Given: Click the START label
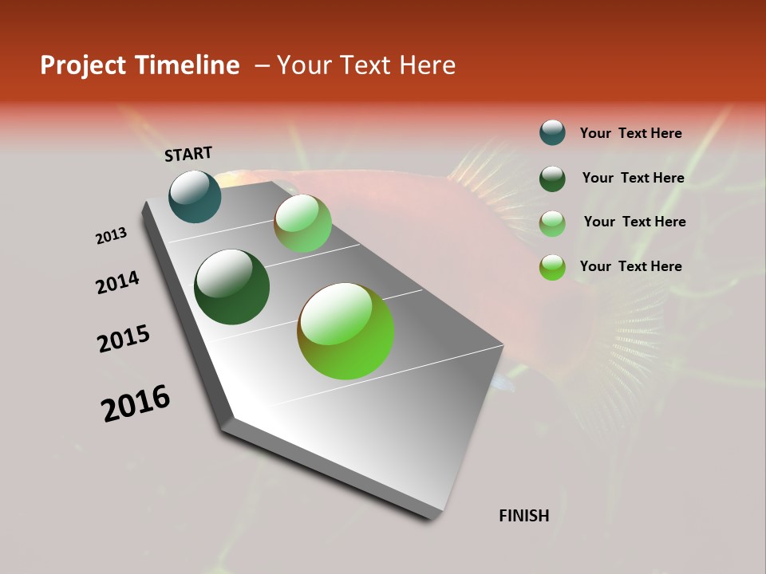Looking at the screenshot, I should [188, 154].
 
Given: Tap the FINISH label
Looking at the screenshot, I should [524, 516].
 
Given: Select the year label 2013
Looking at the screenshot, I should [112, 236].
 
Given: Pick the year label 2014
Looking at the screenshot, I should [118, 282].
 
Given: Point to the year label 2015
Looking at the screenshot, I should [124, 339].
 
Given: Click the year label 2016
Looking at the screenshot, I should [136, 403].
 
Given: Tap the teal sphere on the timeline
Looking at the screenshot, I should [195, 196].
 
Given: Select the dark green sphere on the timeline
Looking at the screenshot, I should [231, 287].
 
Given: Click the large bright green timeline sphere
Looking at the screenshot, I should [345, 331].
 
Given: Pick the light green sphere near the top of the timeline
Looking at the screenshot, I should [302, 223].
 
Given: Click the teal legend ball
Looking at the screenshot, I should [552, 133].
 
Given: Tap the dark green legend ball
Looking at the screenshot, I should [552, 178].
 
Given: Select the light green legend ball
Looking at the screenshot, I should [552, 222].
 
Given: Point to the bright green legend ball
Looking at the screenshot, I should [552, 267].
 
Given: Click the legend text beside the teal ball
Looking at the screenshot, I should [630, 133].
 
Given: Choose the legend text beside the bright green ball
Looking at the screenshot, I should [630, 266].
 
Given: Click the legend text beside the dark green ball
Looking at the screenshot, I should [633, 178].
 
